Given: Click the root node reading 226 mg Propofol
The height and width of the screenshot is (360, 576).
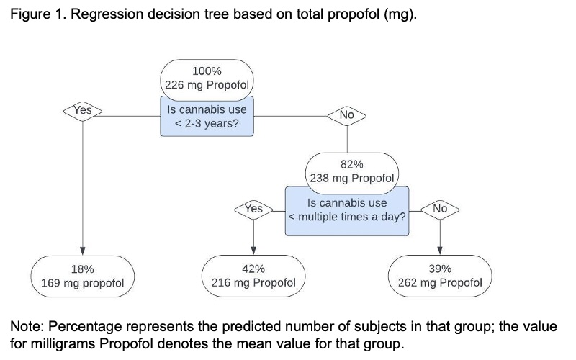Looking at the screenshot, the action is pyautogui.click(x=207, y=80).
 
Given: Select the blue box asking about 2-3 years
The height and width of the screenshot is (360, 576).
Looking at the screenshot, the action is pyautogui.click(x=207, y=117).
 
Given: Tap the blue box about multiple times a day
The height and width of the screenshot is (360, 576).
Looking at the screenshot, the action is pyautogui.click(x=347, y=211).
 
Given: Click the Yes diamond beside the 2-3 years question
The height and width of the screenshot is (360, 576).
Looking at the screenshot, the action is pyautogui.click(x=83, y=111).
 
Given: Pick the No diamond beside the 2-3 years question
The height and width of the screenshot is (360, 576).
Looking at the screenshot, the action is pyautogui.click(x=347, y=116).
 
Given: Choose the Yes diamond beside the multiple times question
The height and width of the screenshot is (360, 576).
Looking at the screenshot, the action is pyautogui.click(x=253, y=210).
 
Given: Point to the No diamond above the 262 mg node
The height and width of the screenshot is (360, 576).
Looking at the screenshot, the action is pyautogui.click(x=440, y=210).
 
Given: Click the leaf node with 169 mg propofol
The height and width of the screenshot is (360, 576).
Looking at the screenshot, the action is pyautogui.click(x=83, y=276).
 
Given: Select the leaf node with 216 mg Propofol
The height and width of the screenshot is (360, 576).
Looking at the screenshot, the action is pyautogui.click(x=253, y=276).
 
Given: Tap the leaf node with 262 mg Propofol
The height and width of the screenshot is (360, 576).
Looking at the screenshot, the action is pyautogui.click(x=440, y=276).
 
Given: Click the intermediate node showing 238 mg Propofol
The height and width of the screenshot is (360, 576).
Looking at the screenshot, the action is pyautogui.click(x=352, y=174).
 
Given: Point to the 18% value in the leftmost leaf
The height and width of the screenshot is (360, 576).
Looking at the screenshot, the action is pyautogui.click(x=83, y=269).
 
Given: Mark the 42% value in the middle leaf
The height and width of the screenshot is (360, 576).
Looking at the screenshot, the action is pyautogui.click(x=253, y=269).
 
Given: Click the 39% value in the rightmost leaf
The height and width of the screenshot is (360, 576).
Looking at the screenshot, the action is pyautogui.click(x=440, y=269).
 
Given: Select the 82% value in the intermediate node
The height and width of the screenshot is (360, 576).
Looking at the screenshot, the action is pyautogui.click(x=352, y=164).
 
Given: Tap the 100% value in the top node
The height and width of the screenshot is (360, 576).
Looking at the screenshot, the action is pyautogui.click(x=207, y=71).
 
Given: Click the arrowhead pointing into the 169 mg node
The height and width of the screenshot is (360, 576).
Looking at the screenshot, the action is pyautogui.click(x=83, y=251).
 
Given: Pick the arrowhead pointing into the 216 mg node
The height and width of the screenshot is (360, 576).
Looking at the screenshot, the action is pyautogui.click(x=253, y=251).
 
